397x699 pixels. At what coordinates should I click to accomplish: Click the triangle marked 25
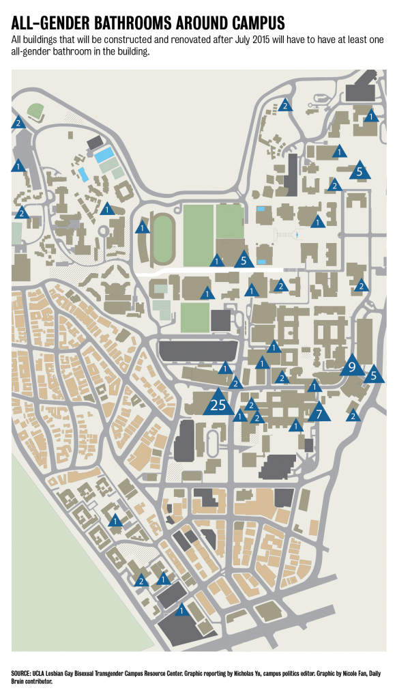click(218, 403)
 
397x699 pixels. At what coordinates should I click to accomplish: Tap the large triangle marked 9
click(352, 367)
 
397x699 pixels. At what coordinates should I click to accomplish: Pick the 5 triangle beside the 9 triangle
click(373, 375)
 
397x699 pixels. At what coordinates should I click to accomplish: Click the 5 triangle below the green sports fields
click(244, 259)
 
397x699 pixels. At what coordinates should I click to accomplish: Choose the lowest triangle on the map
click(181, 610)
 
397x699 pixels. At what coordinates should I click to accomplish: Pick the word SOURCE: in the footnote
click(24, 674)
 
